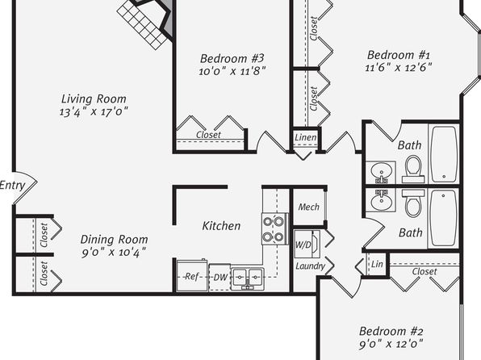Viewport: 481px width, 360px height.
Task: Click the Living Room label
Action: (x=94, y=99)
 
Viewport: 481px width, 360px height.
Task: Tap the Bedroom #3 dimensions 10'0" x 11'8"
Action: (x=232, y=71)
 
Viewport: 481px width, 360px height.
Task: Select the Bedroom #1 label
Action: (x=399, y=55)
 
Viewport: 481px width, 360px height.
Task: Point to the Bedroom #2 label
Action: (x=391, y=332)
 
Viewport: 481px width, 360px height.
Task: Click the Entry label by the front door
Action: (x=12, y=186)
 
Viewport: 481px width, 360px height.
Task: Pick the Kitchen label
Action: (x=221, y=226)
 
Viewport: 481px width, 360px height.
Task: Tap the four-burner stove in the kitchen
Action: (x=274, y=229)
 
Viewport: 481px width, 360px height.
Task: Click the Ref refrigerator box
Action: (x=192, y=276)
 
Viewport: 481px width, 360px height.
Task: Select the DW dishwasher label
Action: (x=220, y=278)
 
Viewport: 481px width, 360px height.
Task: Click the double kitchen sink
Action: (x=247, y=278)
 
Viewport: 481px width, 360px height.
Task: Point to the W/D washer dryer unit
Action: (x=307, y=245)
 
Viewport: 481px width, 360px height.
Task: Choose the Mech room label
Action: (x=308, y=207)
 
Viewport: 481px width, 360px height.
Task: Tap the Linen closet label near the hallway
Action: (x=305, y=137)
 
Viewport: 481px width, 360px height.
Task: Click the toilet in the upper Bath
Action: (x=413, y=170)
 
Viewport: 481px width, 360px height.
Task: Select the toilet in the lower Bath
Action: (x=413, y=203)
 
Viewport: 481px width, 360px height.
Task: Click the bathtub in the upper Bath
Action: (x=445, y=154)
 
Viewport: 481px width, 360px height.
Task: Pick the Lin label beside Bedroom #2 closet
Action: (x=377, y=264)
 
